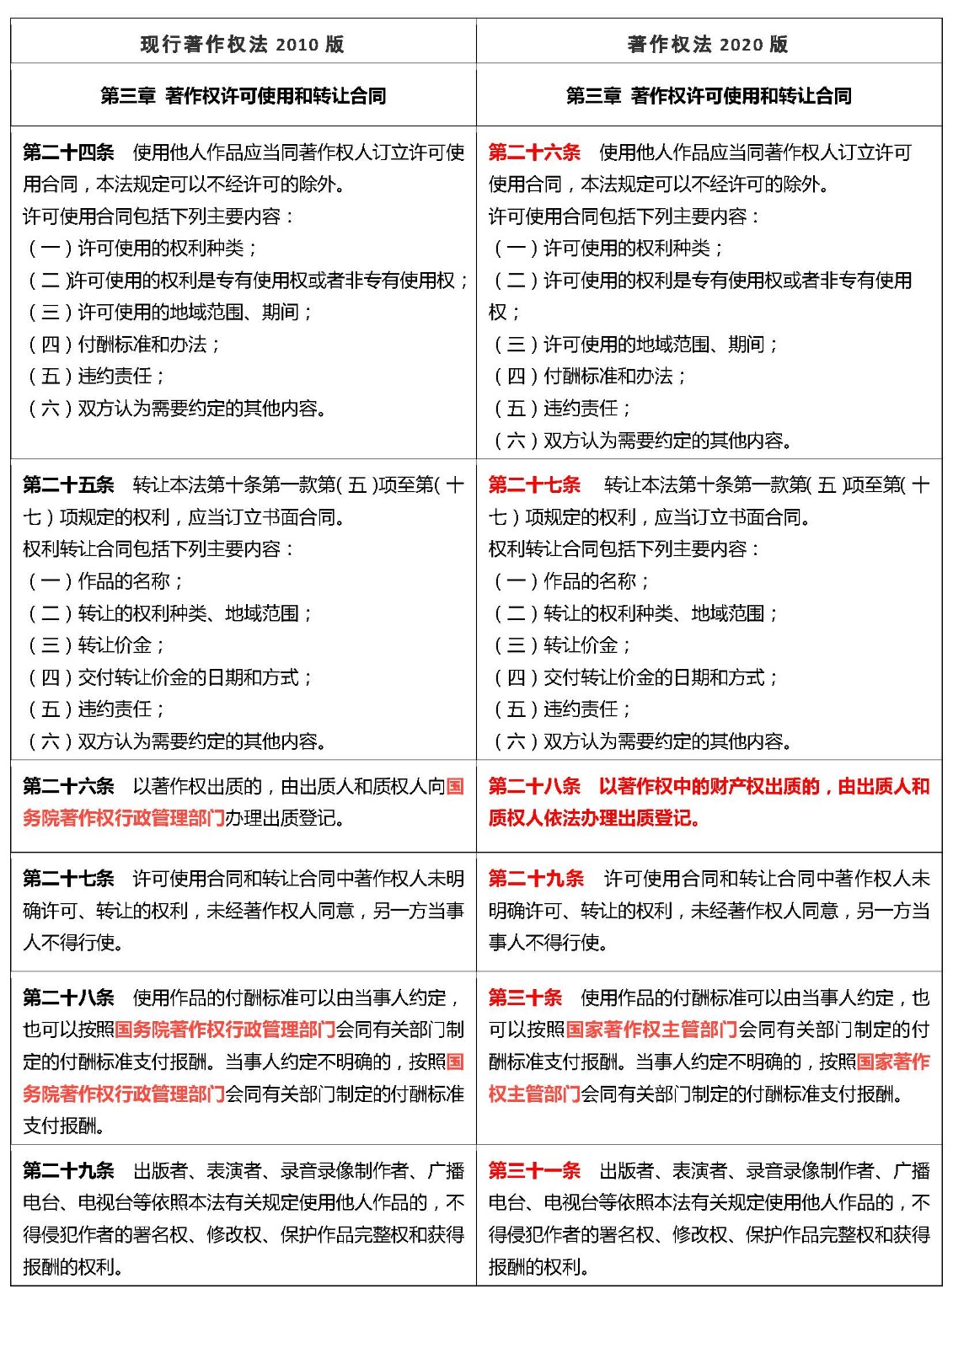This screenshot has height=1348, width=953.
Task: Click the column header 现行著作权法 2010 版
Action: click(242, 44)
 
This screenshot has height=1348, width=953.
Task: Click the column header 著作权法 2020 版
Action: click(708, 44)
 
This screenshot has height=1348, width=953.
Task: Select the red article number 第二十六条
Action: click(534, 152)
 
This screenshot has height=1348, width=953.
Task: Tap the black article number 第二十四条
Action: click(68, 152)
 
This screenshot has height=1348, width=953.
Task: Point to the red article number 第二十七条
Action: click(534, 485)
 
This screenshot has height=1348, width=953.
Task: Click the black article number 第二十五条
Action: click(68, 485)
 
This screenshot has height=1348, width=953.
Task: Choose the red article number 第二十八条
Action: click(534, 787)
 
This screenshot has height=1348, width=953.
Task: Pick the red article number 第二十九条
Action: click(536, 879)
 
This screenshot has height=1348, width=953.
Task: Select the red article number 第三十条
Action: click(525, 998)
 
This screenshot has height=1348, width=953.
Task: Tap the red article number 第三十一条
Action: click(534, 1171)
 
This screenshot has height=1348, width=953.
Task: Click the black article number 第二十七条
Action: click(68, 879)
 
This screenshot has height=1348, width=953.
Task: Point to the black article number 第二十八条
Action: click(68, 998)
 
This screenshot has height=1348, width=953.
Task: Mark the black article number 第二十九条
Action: click(68, 1171)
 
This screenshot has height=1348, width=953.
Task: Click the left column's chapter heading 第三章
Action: click(127, 96)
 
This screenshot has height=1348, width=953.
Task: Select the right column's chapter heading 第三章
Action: click(593, 96)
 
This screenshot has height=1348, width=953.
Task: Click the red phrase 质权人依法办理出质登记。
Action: click(594, 818)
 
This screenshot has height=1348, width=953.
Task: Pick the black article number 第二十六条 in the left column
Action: click(68, 787)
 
